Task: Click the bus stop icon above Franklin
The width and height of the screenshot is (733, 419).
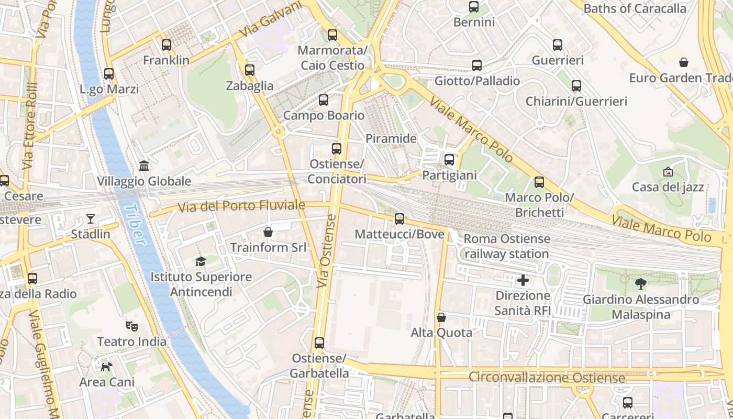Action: tap(166, 45)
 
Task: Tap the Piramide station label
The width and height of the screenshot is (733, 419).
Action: tap(391, 139)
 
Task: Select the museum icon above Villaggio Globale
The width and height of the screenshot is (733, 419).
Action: tap(144, 166)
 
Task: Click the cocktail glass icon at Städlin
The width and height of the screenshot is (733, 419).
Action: tap(91, 218)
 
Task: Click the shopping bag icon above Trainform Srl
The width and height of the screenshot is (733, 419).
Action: tap(268, 231)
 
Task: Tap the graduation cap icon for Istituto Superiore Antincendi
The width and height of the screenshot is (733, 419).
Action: tap(201, 261)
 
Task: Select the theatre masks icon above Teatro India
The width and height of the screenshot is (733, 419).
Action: tap(132, 326)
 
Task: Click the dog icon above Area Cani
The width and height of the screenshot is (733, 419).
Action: tap(107, 367)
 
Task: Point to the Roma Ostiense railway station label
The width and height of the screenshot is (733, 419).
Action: tap(507, 246)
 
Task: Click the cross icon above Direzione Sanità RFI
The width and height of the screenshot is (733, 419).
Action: tap(523, 280)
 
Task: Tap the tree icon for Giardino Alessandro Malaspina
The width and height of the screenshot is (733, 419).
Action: tap(640, 284)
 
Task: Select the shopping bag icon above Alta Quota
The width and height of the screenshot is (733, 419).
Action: tap(441, 317)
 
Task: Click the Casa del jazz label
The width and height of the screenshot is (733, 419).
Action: tap(668, 187)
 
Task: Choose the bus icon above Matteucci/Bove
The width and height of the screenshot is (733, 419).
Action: tap(399, 219)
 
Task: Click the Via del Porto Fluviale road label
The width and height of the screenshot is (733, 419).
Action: tap(241, 206)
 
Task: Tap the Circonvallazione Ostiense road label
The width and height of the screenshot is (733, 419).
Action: tap(547, 378)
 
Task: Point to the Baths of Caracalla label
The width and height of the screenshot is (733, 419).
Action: tap(635, 8)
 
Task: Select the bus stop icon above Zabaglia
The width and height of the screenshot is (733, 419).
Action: tap(250, 70)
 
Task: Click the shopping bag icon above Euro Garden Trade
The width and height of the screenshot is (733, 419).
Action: tap(683, 62)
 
